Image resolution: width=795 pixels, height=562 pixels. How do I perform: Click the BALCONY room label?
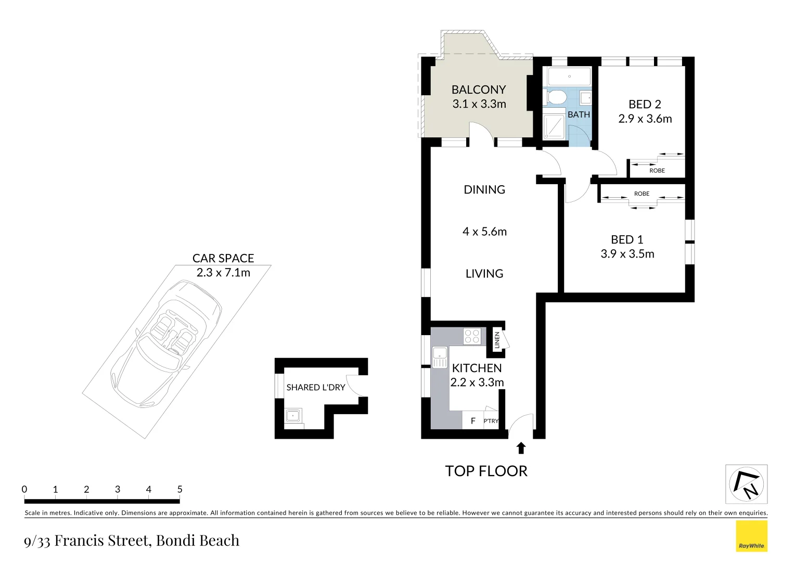click(478, 90)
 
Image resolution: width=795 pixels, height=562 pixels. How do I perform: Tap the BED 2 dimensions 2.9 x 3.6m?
click(645, 119)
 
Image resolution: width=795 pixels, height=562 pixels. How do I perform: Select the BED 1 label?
click(627, 239)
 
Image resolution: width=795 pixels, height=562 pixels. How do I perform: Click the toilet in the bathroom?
click(556, 97)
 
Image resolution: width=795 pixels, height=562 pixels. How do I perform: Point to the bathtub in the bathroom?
click(569, 76)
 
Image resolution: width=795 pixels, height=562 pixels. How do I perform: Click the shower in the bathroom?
click(554, 127)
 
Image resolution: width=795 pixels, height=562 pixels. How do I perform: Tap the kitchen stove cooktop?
click(472, 336)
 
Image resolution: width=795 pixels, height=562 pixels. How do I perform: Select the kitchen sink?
click(440, 357)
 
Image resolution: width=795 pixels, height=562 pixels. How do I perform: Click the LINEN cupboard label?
click(497, 340)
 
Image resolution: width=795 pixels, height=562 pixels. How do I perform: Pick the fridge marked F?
click(472, 421)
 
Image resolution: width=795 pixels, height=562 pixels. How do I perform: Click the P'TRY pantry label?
click(491, 421)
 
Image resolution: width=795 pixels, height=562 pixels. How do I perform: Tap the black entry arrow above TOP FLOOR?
click(521, 448)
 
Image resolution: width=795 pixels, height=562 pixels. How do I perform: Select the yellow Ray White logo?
click(751, 536)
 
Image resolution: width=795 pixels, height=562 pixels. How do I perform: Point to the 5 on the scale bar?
click(180, 489)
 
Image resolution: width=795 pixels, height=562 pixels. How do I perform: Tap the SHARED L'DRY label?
click(316, 388)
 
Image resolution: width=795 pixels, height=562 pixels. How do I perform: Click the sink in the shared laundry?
click(293, 415)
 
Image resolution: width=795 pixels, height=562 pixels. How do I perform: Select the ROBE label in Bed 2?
click(657, 171)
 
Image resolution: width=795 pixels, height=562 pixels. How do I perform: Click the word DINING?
click(484, 189)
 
